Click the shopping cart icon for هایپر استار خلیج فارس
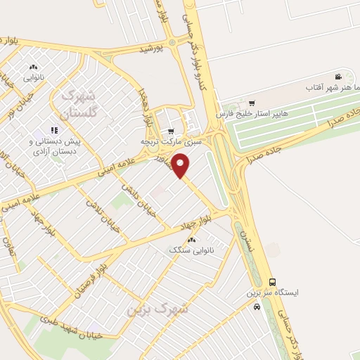[252, 103]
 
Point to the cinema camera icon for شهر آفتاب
[338, 77]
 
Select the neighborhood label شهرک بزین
[158, 308]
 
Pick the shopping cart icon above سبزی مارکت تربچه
[171, 131]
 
